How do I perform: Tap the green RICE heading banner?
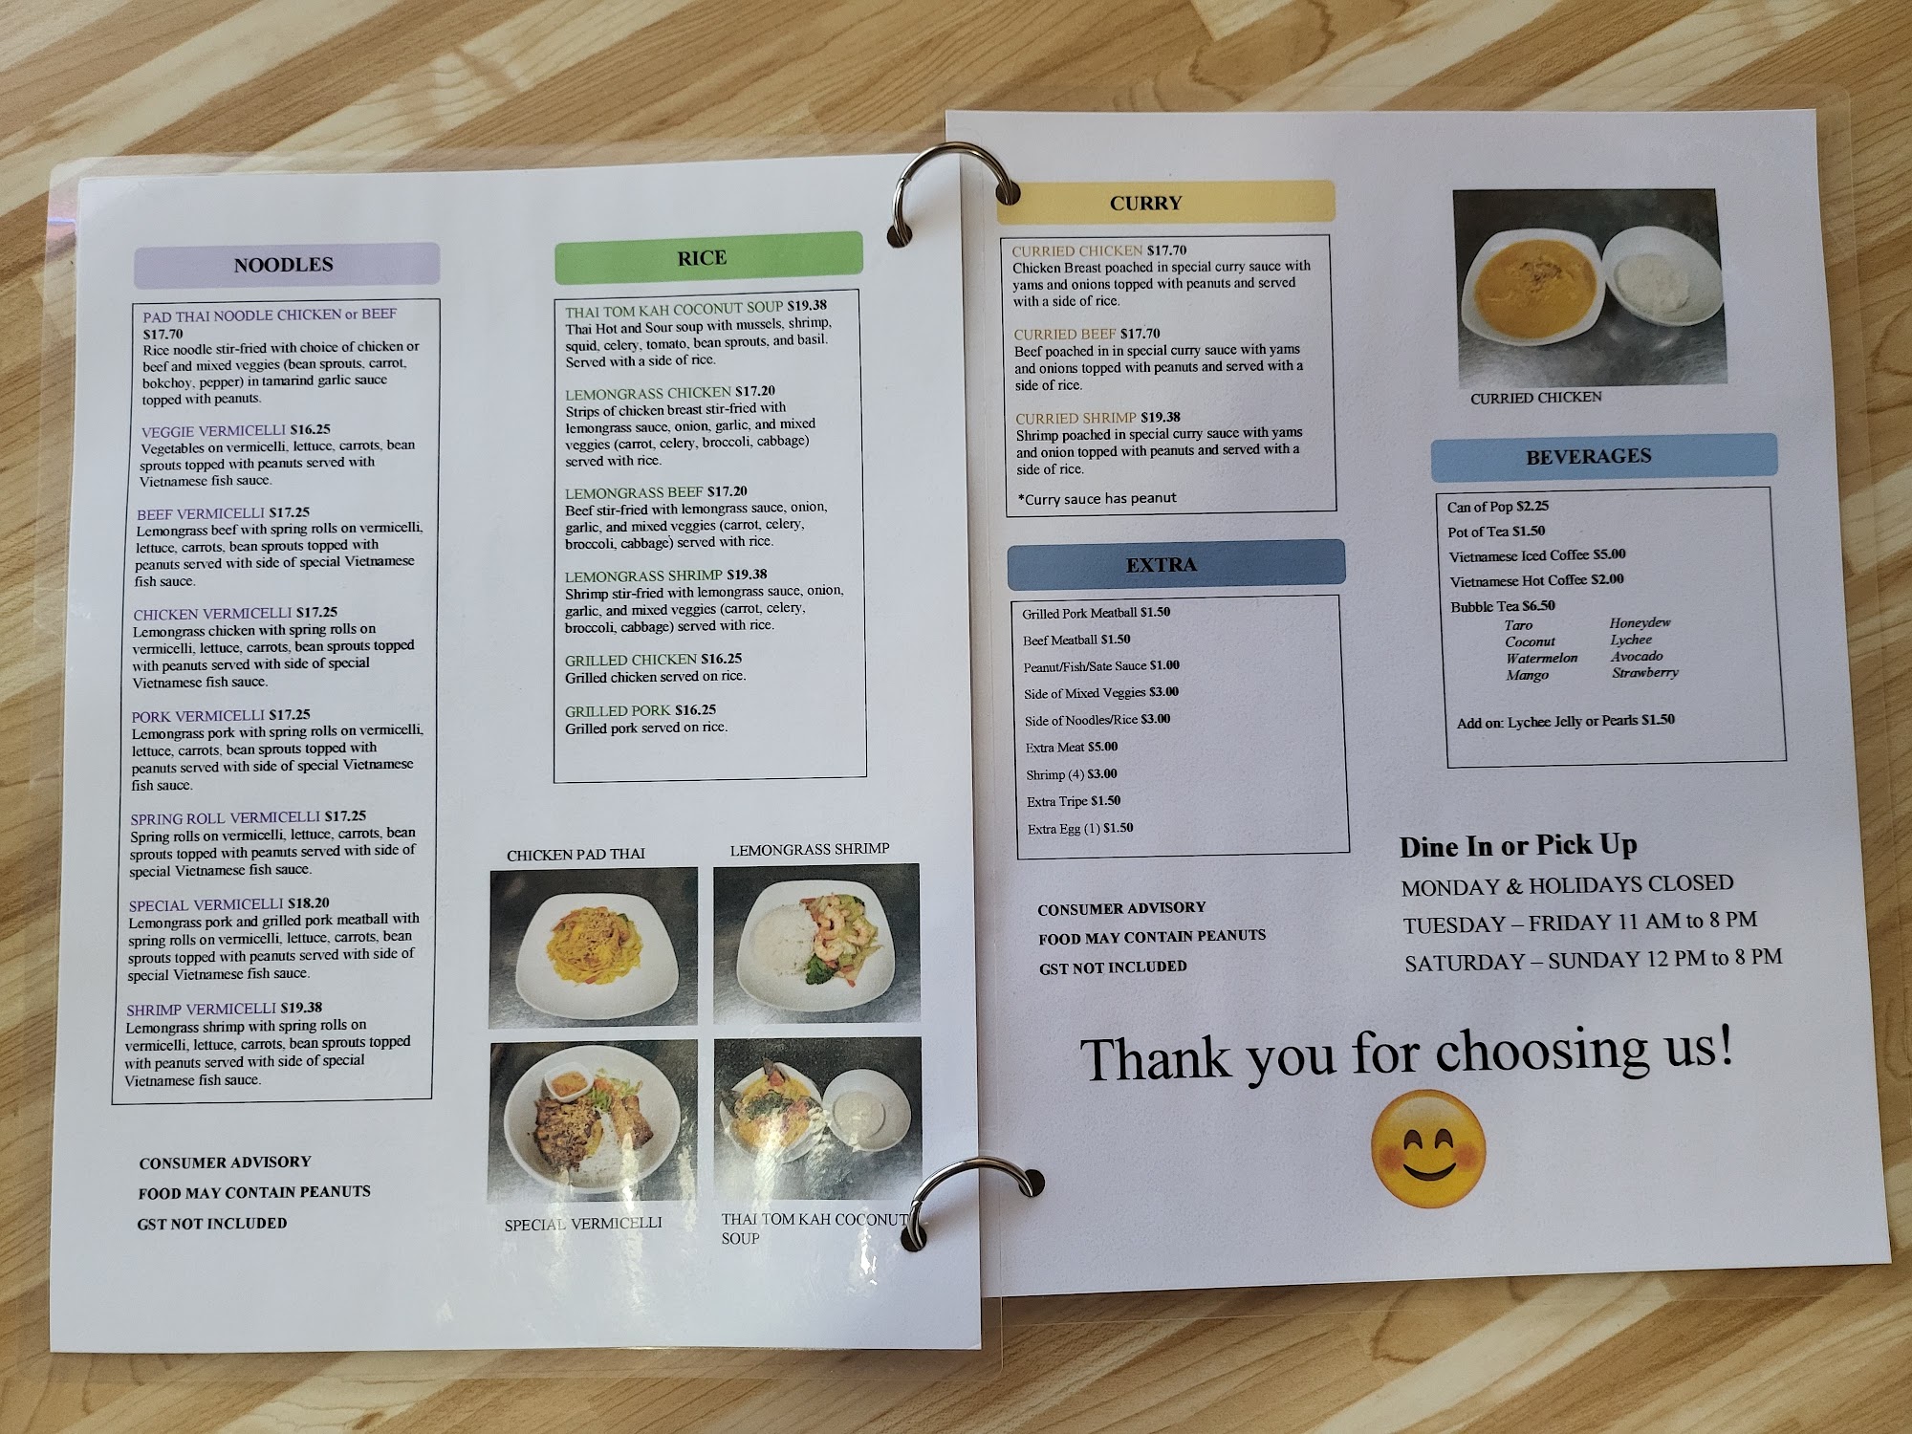[x=708, y=258]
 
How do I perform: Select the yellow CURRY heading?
[x=1165, y=203]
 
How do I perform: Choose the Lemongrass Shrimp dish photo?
[x=816, y=943]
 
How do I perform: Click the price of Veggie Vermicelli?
[x=310, y=430]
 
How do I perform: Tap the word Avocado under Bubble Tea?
[x=1637, y=657]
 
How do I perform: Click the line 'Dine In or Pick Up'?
[x=1518, y=846]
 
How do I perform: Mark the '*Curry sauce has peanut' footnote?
[x=1097, y=498]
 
